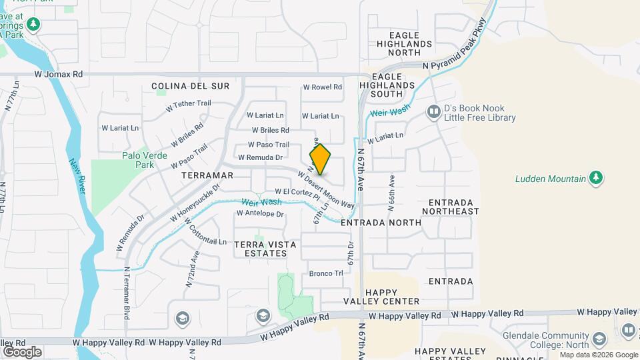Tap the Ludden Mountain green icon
[597, 178]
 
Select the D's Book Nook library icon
[434, 112]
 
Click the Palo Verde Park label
[138, 160]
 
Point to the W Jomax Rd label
[59, 75]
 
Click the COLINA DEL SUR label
[190, 86]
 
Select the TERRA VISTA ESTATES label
[265, 249]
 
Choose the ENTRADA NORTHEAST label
[454, 207]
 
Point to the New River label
[77, 177]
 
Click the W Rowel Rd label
[322, 87]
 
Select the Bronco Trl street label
[325, 273]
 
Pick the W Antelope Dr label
[260, 214]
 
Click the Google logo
[22, 351]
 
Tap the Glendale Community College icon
[627, 330]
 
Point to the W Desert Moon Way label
[326, 190]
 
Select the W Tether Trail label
[188, 104]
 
